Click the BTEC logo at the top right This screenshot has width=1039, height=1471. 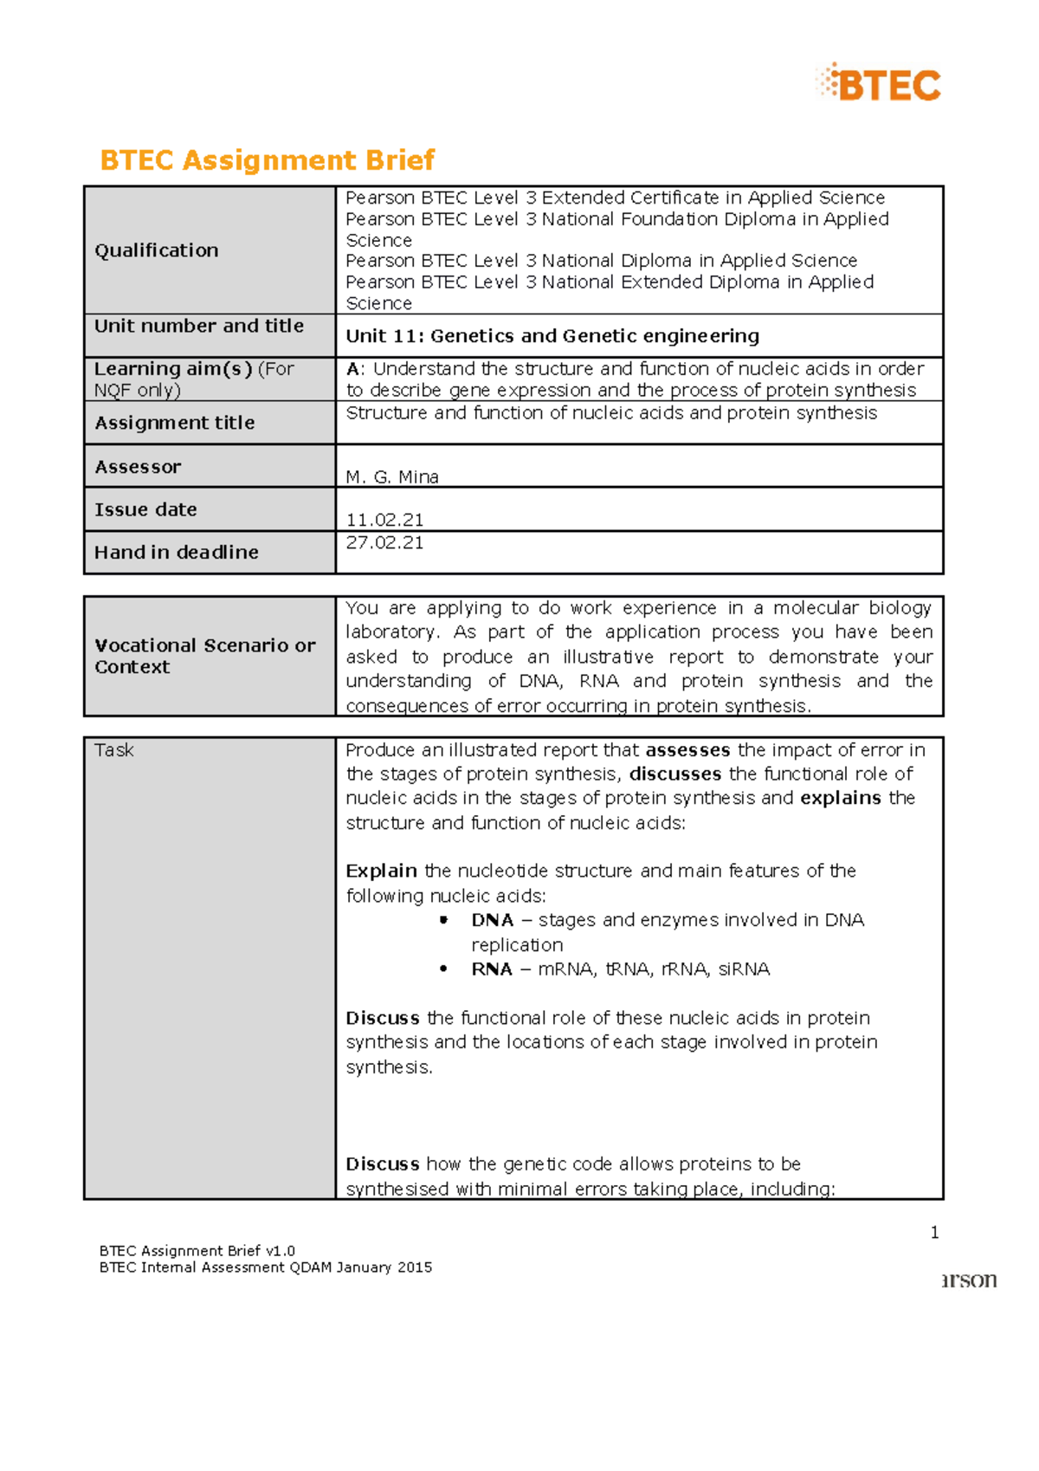click(x=879, y=84)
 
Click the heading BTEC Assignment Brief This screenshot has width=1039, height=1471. click(x=267, y=160)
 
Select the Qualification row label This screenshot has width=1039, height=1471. click(x=157, y=250)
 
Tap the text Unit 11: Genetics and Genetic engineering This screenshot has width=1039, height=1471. click(x=552, y=336)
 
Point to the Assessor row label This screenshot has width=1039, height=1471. click(x=138, y=467)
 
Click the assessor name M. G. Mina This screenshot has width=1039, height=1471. click(x=392, y=476)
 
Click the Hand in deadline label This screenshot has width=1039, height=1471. click(x=177, y=553)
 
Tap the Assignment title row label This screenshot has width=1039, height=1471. click(x=175, y=423)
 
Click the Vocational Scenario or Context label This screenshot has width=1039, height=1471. click(x=204, y=656)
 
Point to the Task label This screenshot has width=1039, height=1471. click(x=114, y=750)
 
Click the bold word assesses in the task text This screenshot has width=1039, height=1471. click(x=687, y=750)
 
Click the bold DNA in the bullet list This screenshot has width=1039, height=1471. click(x=493, y=920)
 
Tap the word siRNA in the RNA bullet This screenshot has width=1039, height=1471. click(x=744, y=969)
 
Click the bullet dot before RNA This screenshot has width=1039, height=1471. click(x=444, y=969)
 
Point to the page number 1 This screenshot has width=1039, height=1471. click(x=934, y=1233)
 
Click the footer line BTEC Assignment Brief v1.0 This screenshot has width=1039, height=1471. click(x=197, y=1251)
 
